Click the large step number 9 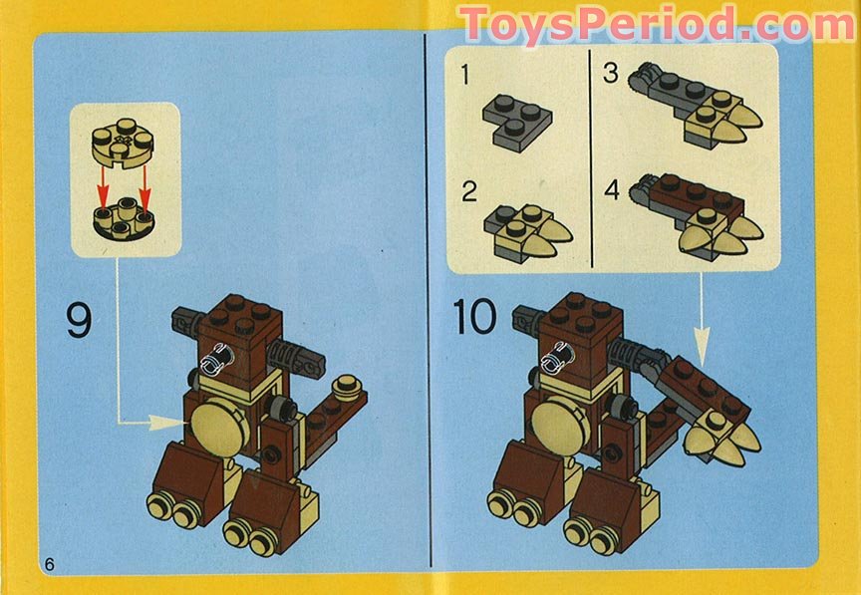79,320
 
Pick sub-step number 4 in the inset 611,188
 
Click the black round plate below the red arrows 125,218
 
